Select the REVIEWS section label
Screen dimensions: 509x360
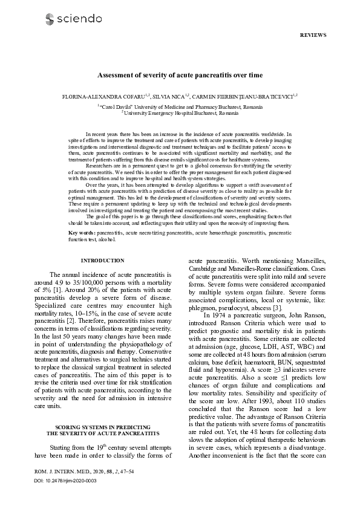pos(313,35)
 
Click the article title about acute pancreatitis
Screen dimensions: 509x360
pos(180,76)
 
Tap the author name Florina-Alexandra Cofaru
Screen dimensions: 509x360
pos(97,96)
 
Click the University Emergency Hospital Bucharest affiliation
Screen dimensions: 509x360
pos(180,113)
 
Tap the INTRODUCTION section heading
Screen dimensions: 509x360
pos(102,261)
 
